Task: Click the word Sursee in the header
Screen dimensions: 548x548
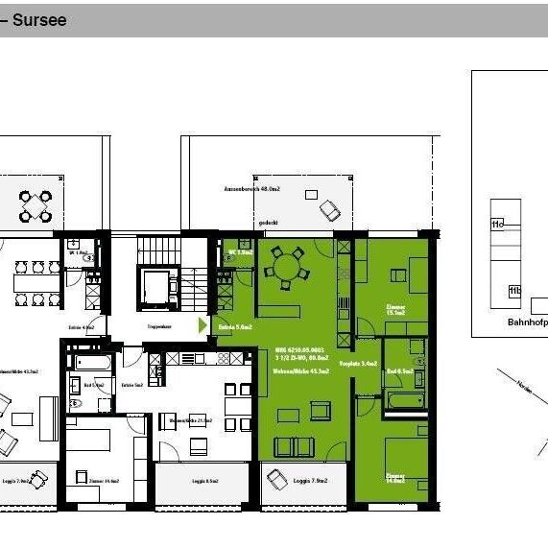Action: tap(39, 19)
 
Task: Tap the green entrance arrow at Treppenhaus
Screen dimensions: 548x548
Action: tap(203, 325)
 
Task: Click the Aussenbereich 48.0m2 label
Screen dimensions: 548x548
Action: tap(247, 189)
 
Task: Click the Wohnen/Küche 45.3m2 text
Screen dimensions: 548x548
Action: tap(301, 370)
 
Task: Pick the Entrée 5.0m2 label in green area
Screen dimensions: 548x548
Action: tap(235, 327)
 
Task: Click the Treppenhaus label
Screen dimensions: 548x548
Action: tap(158, 327)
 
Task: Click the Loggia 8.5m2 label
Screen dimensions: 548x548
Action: tap(204, 481)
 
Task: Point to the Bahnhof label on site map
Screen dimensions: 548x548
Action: tap(527, 322)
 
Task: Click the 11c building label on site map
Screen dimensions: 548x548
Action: tap(496, 224)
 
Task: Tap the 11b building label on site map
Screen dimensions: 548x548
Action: tap(514, 291)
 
